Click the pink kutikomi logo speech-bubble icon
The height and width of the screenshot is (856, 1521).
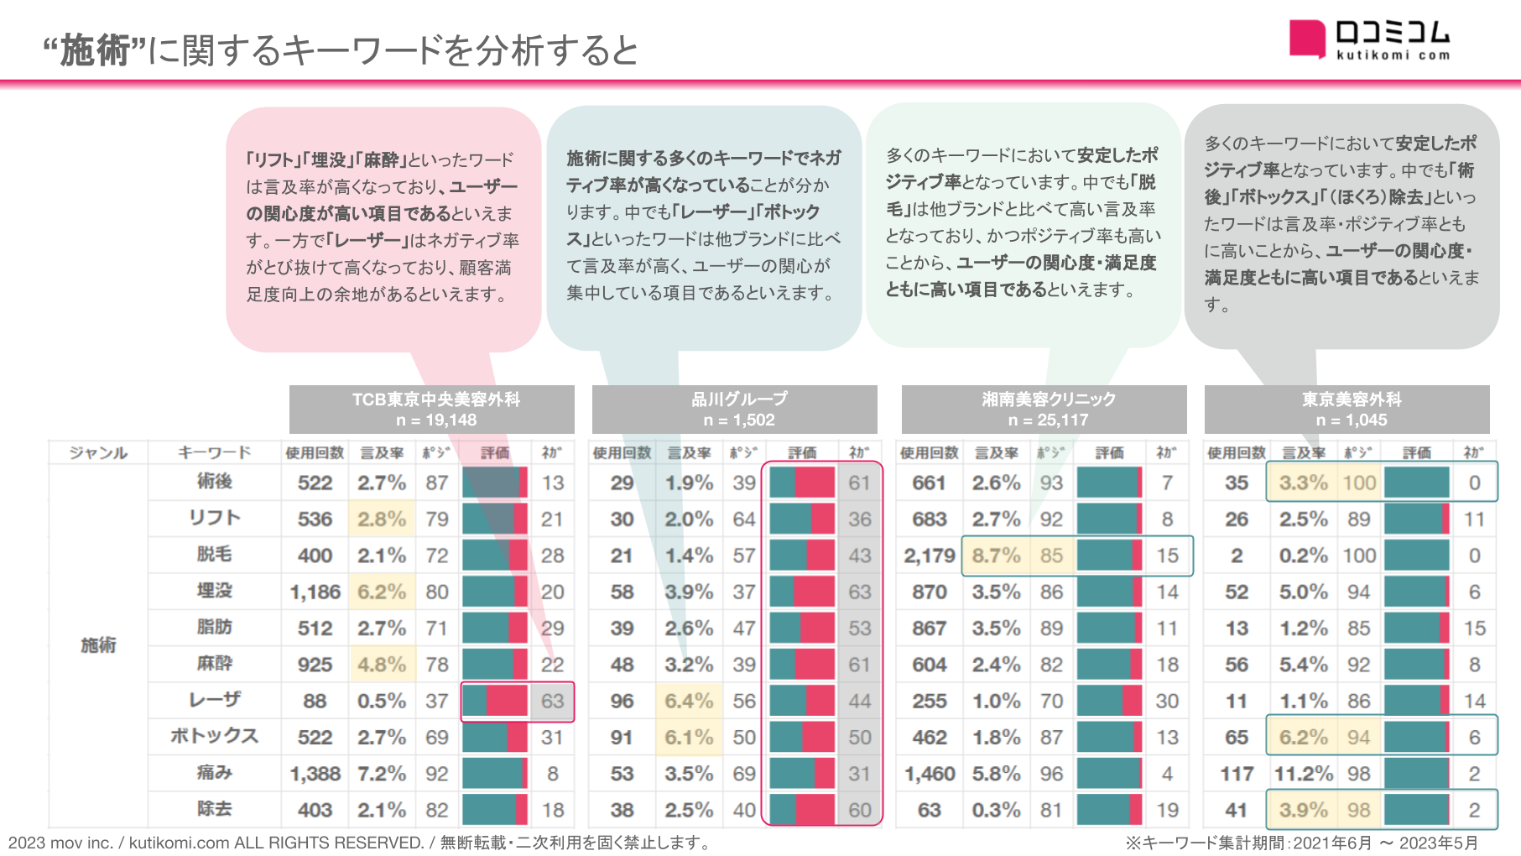click(x=1307, y=39)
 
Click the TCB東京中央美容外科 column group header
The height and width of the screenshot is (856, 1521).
click(x=432, y=410)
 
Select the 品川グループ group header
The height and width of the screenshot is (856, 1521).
click(x=735, y=410)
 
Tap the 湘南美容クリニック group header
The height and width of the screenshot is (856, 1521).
click(x=1044, y=410)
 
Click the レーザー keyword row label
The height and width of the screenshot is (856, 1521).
click(x=215, y=700)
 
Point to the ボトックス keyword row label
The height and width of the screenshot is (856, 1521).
click(x=215, y=736)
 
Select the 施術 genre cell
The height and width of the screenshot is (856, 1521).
click(x=98, y=645)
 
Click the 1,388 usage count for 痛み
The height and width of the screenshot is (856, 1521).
click(x=315, y=774)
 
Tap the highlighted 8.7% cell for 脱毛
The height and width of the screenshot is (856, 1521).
click(x=996, y=556)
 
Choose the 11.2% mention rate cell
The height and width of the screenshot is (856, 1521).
click(x=1303, y=774)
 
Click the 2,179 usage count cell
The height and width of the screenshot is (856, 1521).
click(x=929, y=556)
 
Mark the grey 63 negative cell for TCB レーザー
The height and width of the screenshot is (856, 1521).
click(x=552, y=701)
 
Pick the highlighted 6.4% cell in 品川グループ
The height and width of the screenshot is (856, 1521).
click(x=689, y=701)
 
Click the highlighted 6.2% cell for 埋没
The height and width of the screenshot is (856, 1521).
click(x=382, y=592)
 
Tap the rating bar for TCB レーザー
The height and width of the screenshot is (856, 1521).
click(x=495, y=701)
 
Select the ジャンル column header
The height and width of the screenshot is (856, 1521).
click(x=98, y=453)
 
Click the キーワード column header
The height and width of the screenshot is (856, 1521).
click(x=215, y=453)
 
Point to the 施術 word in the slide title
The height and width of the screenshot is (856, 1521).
click(x=95, y=51)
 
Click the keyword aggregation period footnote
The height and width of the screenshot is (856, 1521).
click(x=1301, y=843)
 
